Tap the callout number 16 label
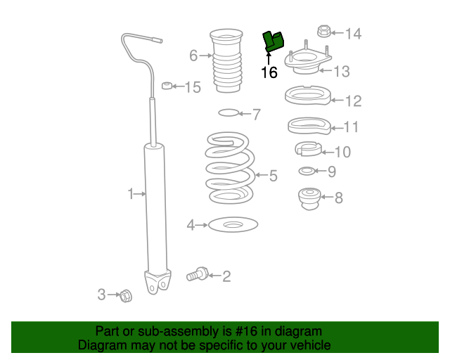tap(269, 72)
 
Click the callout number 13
tap(341, 71)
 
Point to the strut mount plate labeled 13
tap(307, 65)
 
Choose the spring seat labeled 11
tap(309, 127)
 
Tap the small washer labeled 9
tap(307, 172)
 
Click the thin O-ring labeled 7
tap(229, 112)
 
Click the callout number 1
tap(130, 193)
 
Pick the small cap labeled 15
tap(167, 86)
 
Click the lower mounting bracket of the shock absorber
tap(157, 282)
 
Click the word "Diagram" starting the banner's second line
tap(101, 345)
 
